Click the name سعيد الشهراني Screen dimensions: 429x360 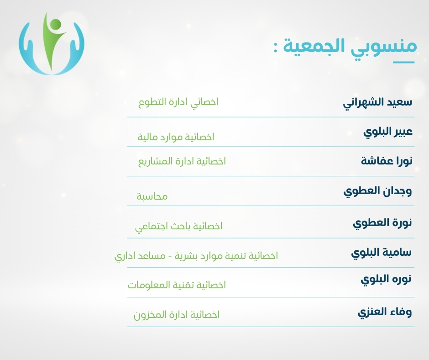pos(377,103)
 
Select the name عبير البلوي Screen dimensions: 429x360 pos(387,132)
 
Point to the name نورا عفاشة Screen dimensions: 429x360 pos(386,160)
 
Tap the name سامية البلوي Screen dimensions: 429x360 pos(382,253)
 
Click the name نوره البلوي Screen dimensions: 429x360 pos(386,280)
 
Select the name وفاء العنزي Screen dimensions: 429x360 pos(385,312)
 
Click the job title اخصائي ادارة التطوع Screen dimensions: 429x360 pos(178,102)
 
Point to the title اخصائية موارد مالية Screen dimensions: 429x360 pos(176,137)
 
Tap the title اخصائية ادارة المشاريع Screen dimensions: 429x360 pos(182,161)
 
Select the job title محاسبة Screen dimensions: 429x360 pos(152,196)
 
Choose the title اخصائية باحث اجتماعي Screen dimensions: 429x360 pos(178,227)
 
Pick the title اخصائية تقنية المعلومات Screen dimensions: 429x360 pos(177,285)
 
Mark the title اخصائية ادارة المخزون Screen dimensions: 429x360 pos(177,315)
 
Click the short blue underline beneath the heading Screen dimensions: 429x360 pos(403,63)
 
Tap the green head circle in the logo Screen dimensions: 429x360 pos(56,24)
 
